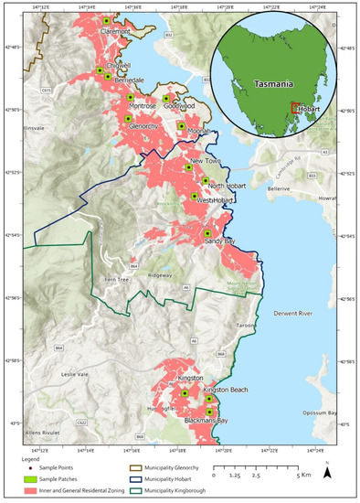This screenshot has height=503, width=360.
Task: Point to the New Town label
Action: [205, 162]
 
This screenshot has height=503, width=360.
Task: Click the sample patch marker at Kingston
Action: [184, 393]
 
